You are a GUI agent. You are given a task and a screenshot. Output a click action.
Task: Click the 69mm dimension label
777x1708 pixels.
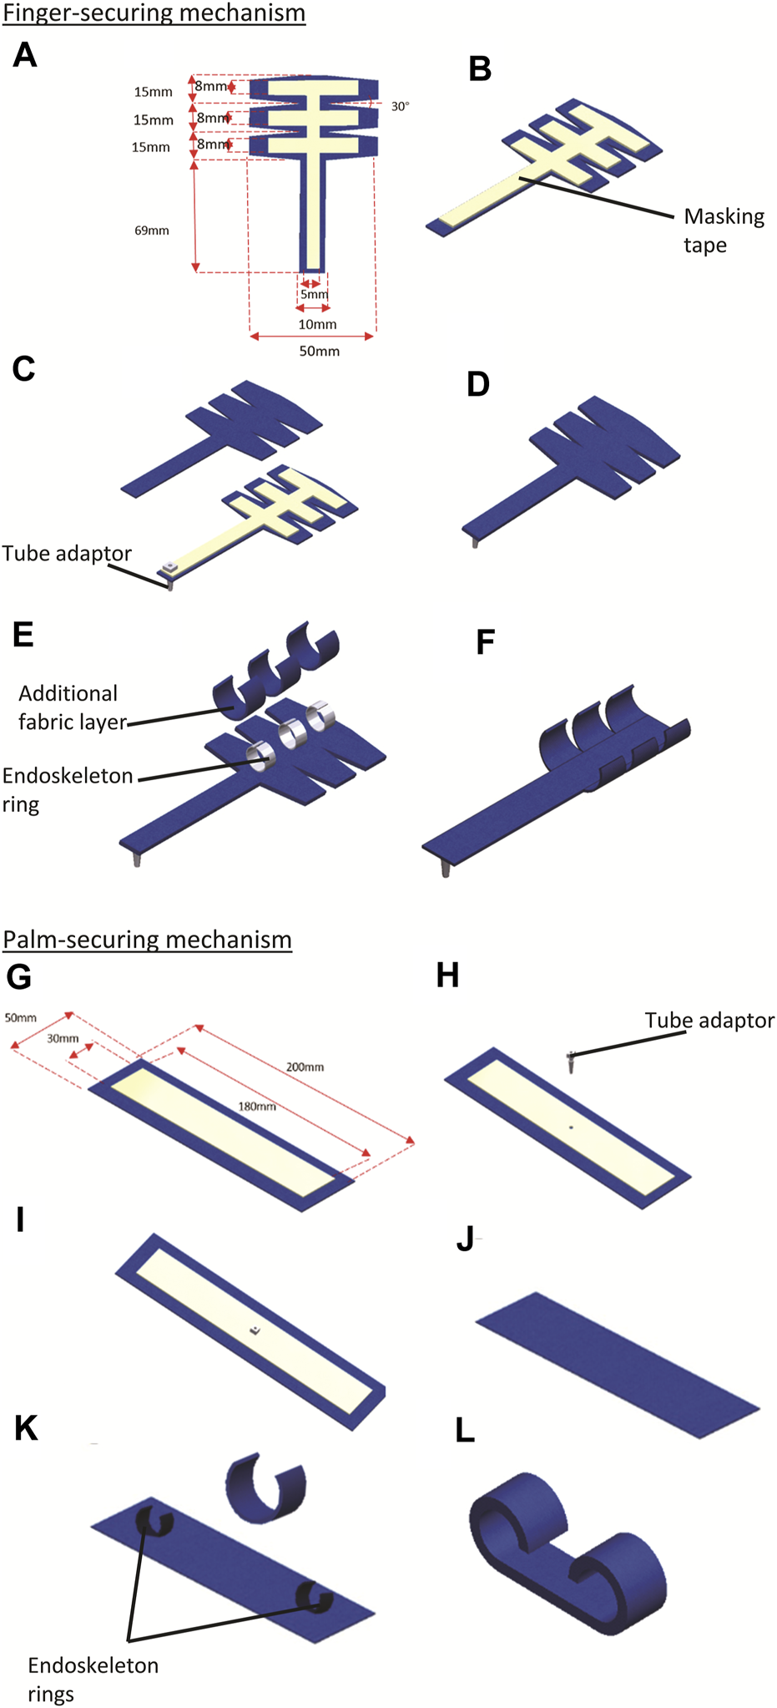click(x=152, y=231)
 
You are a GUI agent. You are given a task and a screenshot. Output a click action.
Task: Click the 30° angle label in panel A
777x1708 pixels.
click(x=400, y=107)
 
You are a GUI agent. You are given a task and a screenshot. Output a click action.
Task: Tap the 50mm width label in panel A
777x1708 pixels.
click(x=320, y=352)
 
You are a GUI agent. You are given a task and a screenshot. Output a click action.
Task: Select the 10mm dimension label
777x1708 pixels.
click(x=317, y=324)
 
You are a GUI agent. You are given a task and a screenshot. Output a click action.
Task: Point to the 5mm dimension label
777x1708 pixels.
click(x=315, y=295)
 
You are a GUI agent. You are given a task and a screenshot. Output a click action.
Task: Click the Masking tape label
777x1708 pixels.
click(x=724, y=231)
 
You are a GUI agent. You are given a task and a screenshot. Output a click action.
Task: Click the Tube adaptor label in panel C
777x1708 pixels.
click(x=67, y=554)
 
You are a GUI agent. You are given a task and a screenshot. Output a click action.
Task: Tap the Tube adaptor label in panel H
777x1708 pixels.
click(x=709, y=1021)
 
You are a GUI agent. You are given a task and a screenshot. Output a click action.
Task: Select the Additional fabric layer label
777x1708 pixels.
click(x=70, y=707)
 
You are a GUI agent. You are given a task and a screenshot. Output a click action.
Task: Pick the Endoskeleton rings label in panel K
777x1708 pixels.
click(x=92, y=1680)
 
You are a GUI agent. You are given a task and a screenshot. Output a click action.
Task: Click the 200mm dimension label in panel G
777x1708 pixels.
click(x=305, y=1067)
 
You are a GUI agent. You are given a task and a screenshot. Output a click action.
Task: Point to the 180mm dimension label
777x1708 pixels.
click(x=257, y=1107)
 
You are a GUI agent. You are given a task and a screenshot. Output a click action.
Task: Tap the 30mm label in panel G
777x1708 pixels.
click(x=63, y=1039)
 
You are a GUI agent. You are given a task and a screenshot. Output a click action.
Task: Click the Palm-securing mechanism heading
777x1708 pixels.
click(x=148, y=940)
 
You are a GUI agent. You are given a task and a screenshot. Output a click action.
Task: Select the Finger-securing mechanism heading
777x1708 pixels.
click(x=154, y=13)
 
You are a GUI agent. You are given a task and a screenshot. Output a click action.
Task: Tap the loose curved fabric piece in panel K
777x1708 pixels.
click(x=265, y=1488)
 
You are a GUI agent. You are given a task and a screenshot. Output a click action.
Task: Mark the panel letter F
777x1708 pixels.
click(x=485, y=643)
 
